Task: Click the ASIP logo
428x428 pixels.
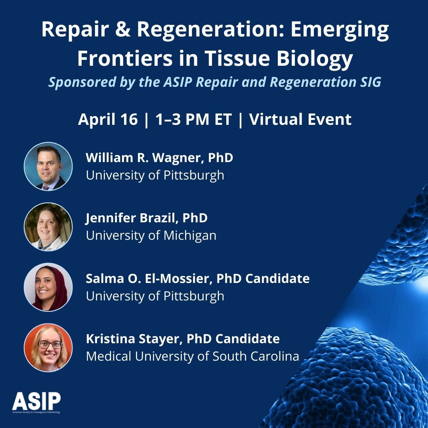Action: pos(36,401)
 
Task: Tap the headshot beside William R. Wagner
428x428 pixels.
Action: pos(48,166)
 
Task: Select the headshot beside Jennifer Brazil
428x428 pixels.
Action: pos(48,227)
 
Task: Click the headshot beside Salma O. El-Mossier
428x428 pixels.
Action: pos(48,287)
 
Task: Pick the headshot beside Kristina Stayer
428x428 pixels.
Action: pos(48,348)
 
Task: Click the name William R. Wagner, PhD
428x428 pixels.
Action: pos(159,158)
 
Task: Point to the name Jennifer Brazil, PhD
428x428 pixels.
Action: pos(147,218)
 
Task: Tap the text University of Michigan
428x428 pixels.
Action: pos(151,235)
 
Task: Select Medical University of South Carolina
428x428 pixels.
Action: pos(192,356)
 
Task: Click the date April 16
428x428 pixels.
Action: pos(108,119)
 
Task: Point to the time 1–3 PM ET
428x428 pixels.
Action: pos(194,119)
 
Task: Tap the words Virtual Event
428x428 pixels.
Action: pos(300,119)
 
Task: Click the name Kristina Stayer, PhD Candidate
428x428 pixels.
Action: pos(183,339)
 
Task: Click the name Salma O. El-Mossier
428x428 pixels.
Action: pos(149,279)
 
